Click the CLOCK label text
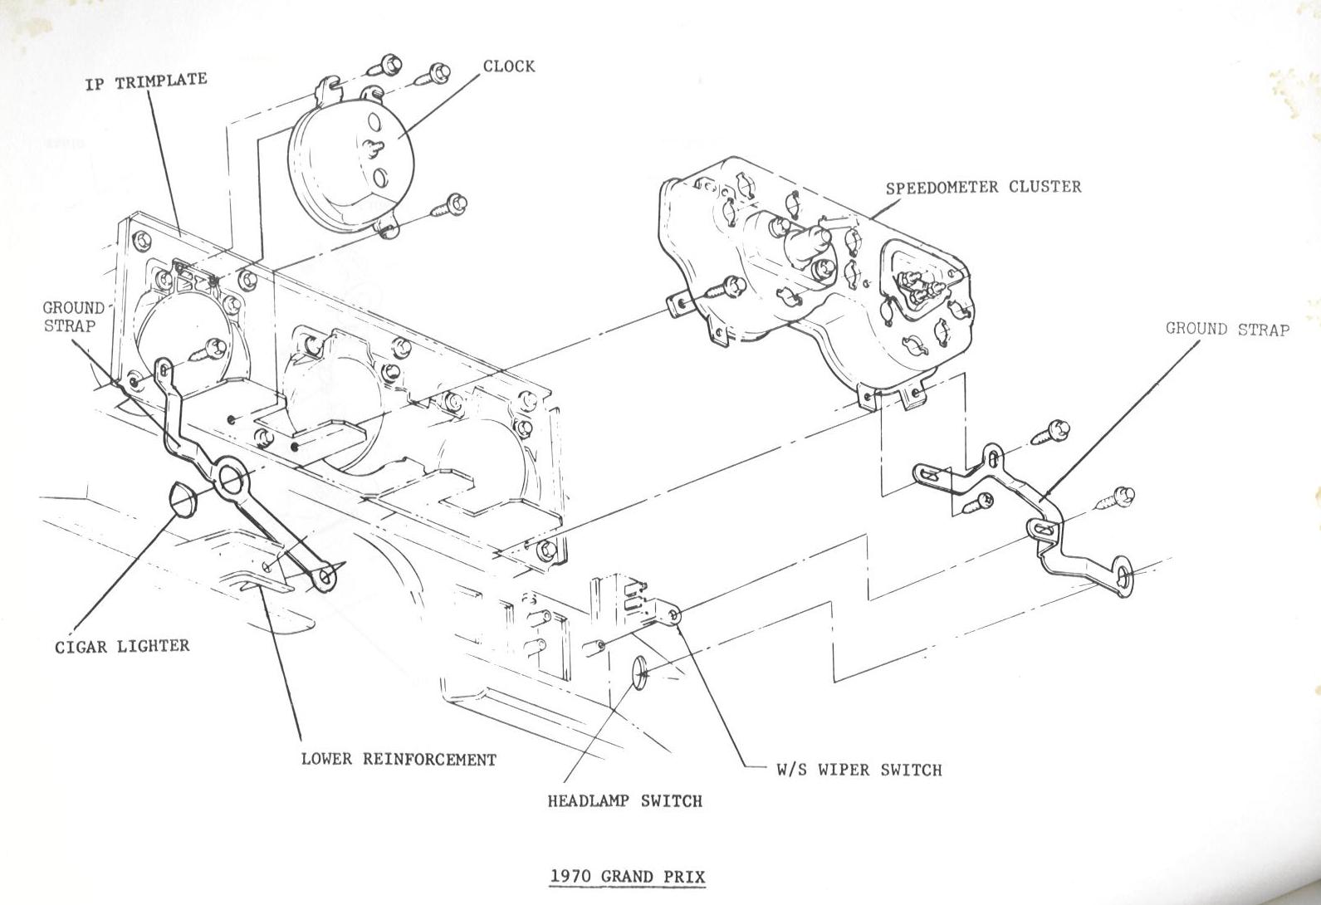509,66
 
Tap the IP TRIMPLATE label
146,81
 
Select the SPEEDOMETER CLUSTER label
984,188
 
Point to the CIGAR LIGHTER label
123,646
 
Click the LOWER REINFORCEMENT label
399,760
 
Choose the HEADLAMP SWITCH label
625,801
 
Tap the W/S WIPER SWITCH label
859,770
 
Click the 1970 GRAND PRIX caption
628,877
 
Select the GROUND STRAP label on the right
1228,329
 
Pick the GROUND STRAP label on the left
72,316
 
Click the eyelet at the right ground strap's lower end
1123,579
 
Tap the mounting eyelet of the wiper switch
673,615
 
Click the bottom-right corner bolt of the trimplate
546,550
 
